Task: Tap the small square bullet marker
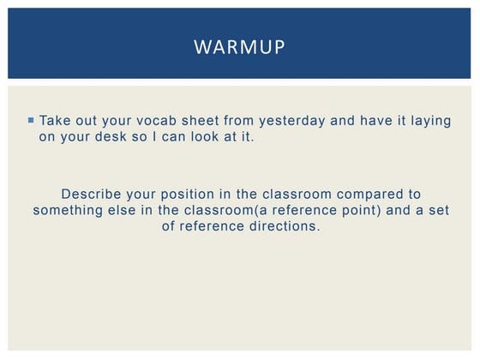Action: click(31, 120)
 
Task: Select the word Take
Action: click(55, 121)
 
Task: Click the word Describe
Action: click(93, 194)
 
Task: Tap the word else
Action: click(129, 210)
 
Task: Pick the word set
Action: click(437, 210)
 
